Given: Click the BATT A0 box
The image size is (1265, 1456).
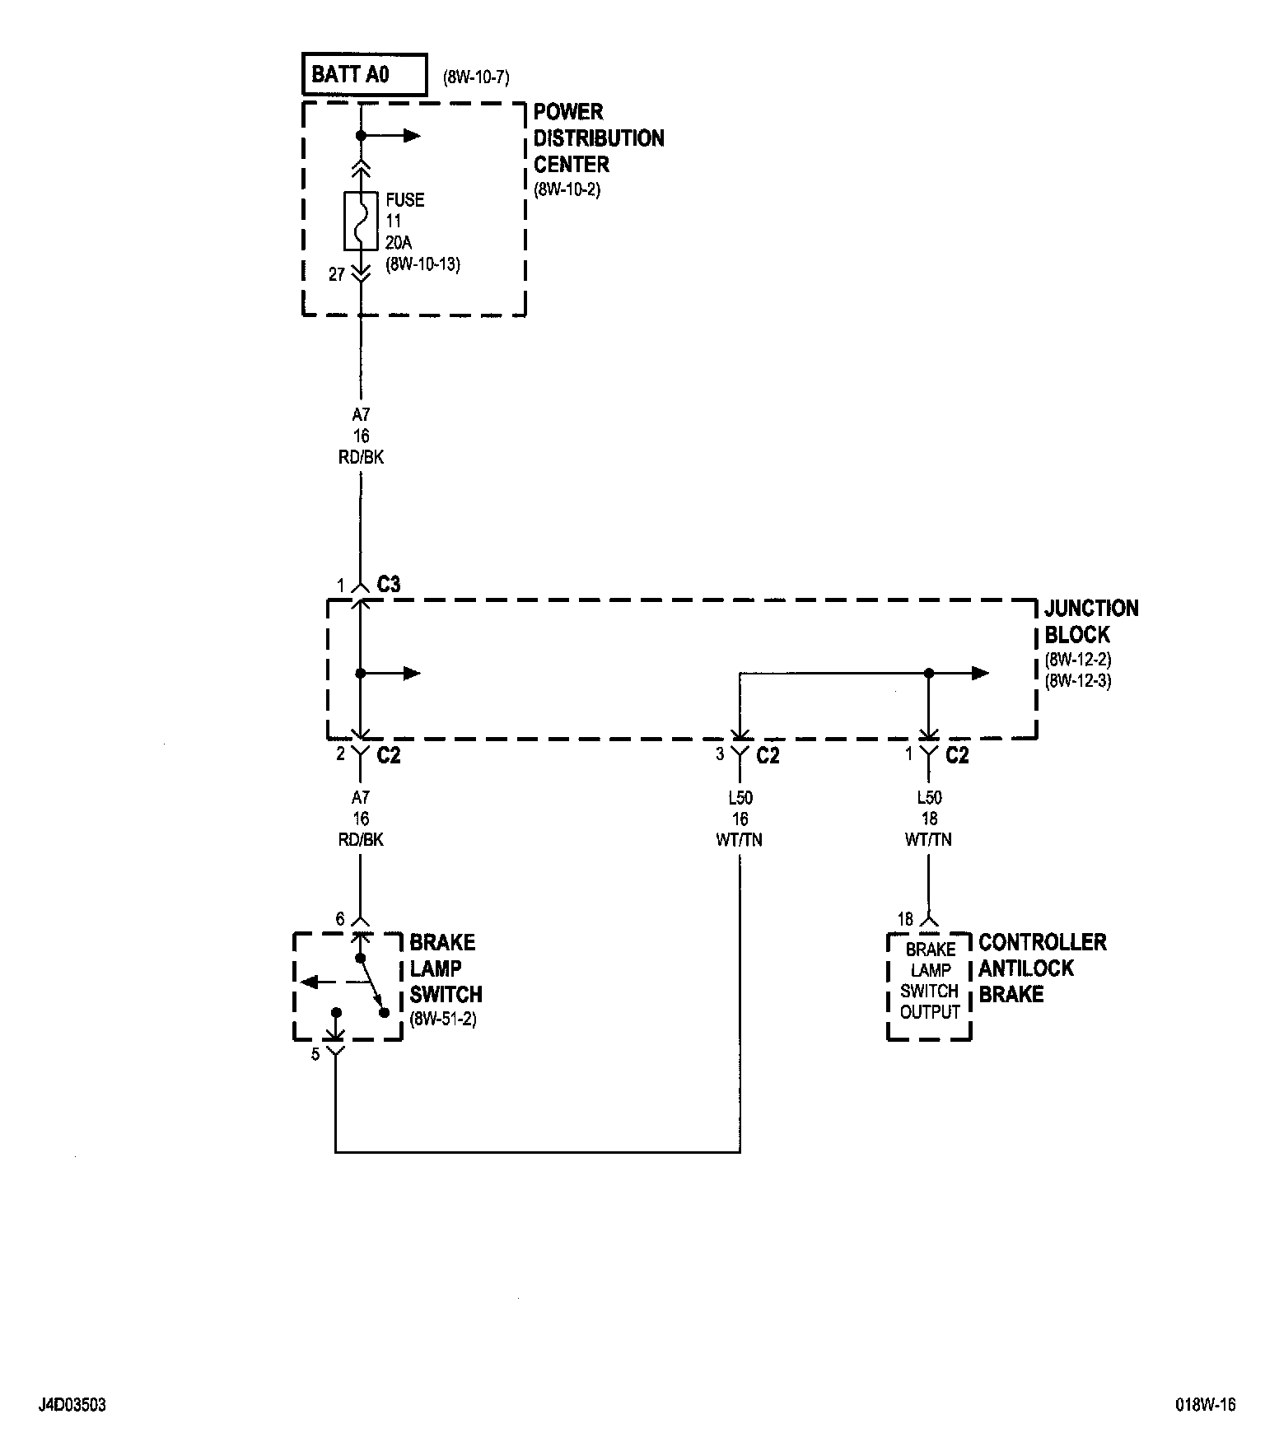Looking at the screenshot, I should [x=365, y=75].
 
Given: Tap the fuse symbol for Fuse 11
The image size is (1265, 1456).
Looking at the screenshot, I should [x=360, y=221].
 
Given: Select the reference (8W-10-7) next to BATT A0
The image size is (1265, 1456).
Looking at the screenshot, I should [x=476, y=78].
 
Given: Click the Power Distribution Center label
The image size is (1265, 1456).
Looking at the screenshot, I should [x=598, y=138].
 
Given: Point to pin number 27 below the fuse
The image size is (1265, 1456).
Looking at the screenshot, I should [x=336, y=275].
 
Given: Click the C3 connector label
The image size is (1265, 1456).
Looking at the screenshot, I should [x=389, y=585].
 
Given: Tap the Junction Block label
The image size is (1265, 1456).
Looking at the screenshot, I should [x=1090, y=622].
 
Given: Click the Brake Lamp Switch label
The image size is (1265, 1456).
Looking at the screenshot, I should [x=445, y=968].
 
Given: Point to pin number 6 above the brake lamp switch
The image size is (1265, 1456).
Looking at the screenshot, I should [x=339, y=919].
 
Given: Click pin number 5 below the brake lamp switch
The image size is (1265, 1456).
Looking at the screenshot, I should [x=315, y=1054].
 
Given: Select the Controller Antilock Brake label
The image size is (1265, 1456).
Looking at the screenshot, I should [x=1042, y=968].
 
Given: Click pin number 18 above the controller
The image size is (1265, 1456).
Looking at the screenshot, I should [x=905, y=920].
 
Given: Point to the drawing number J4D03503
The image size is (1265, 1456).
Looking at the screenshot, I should [x=72, y=1406].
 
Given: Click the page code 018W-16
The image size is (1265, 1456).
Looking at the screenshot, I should [x=1206, y=1406].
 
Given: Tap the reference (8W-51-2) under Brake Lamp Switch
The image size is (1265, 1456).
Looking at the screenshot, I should [x=443, y=1020].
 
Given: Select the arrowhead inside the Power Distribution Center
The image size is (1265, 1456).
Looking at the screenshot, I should [x=411, y=136].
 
